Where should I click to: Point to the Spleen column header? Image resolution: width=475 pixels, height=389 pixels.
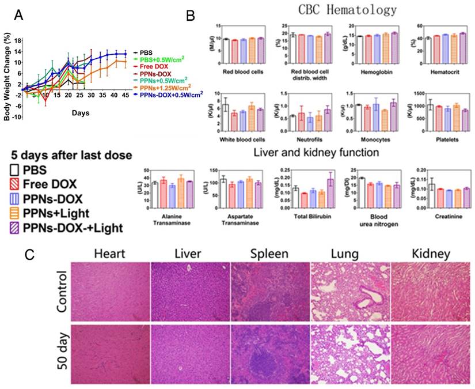coord(269,253)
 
